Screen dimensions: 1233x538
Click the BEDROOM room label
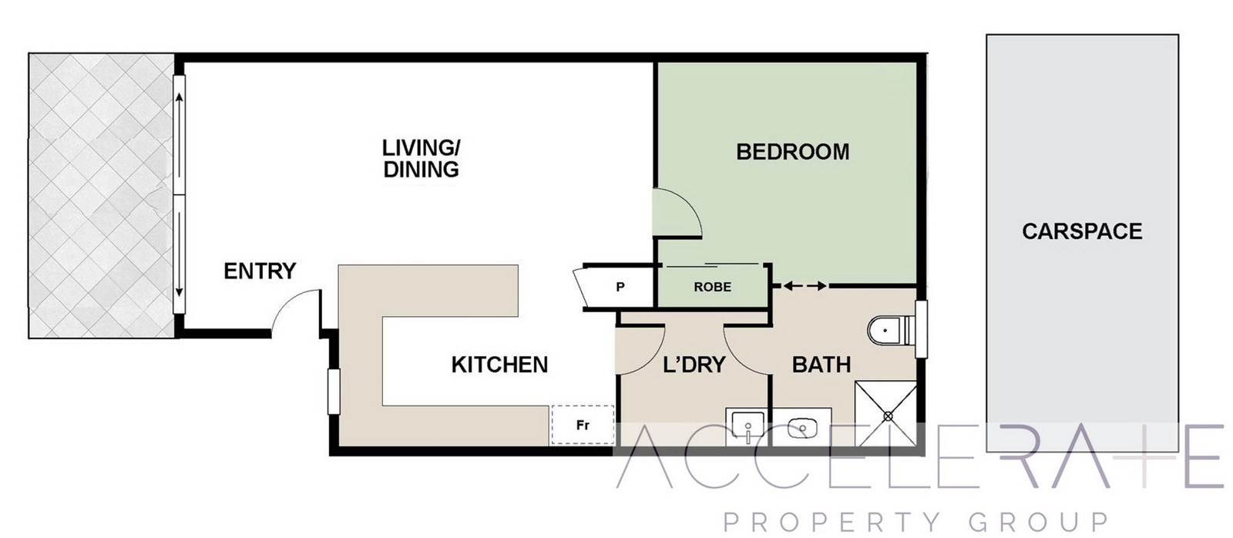point(793,152)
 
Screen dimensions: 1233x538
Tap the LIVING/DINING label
point(421,159)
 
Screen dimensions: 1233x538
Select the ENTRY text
point(260,271)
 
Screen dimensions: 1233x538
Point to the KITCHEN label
point(499,365)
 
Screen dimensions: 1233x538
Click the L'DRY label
point(694,365)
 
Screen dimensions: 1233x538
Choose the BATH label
point(821,365)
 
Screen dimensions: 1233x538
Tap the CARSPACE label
point(1082,231)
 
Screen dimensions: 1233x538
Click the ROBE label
point(712,287)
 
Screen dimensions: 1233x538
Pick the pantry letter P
point(620,287)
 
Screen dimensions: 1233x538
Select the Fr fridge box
point(583,425)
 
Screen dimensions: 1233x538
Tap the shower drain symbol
point(888,417)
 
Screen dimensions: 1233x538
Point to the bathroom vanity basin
point(801,427)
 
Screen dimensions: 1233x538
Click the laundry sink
point(747,426)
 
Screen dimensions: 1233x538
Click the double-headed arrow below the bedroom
point(805,286)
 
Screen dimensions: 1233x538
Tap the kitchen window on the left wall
point(334,392)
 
